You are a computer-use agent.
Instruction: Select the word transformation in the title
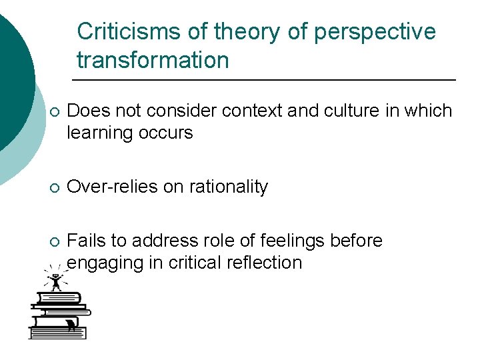click(153, 60)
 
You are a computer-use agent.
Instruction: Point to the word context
click(249, 111)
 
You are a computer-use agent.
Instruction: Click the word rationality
click(228, 187)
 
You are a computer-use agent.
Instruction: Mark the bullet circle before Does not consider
click(53, 112)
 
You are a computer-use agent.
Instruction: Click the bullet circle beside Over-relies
click(53, 188)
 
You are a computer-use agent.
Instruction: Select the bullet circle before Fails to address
click(53, 241)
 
